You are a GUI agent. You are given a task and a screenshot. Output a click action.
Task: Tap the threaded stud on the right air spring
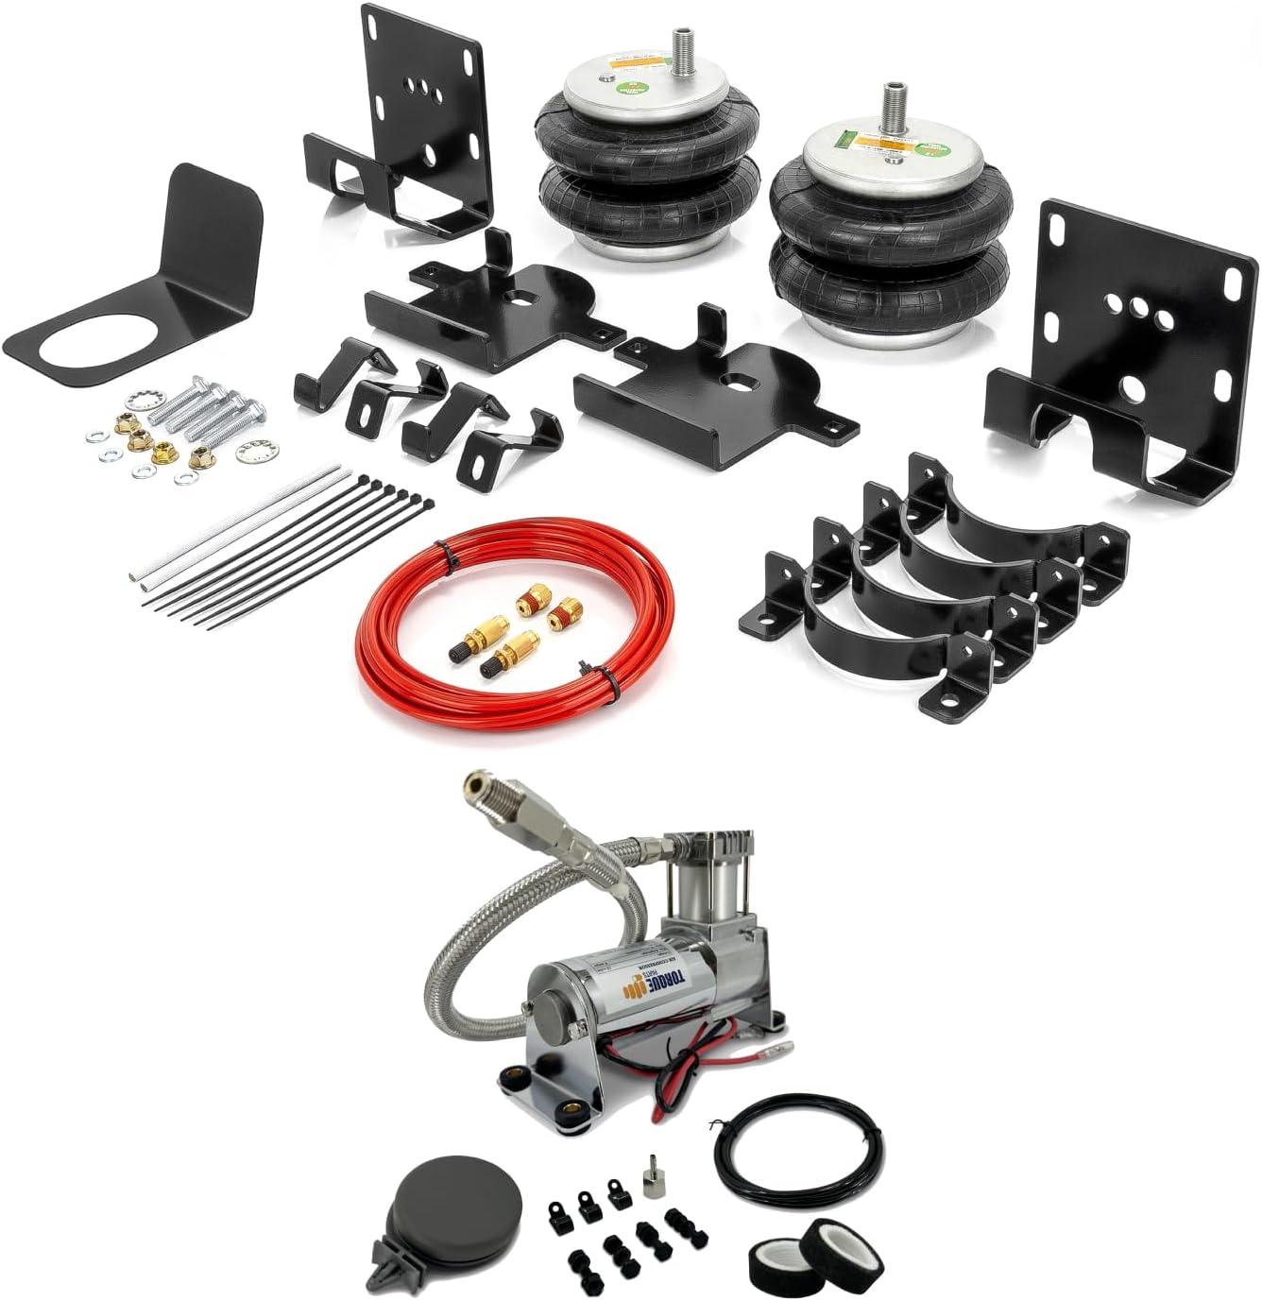[x=893, y=104]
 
